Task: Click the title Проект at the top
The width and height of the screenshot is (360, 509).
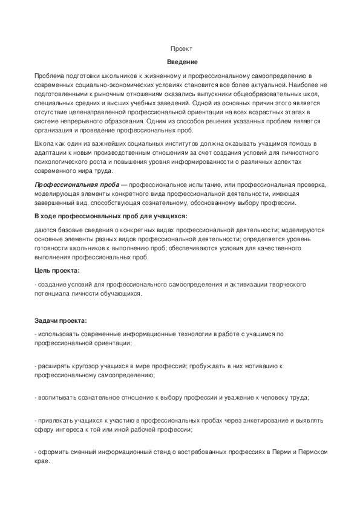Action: [x=180, y=48]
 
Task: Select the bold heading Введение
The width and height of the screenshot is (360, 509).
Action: [x=180, y=62]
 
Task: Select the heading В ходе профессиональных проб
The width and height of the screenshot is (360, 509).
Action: [x=111, y=216]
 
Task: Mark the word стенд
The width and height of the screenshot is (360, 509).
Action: [x=156, y=452]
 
